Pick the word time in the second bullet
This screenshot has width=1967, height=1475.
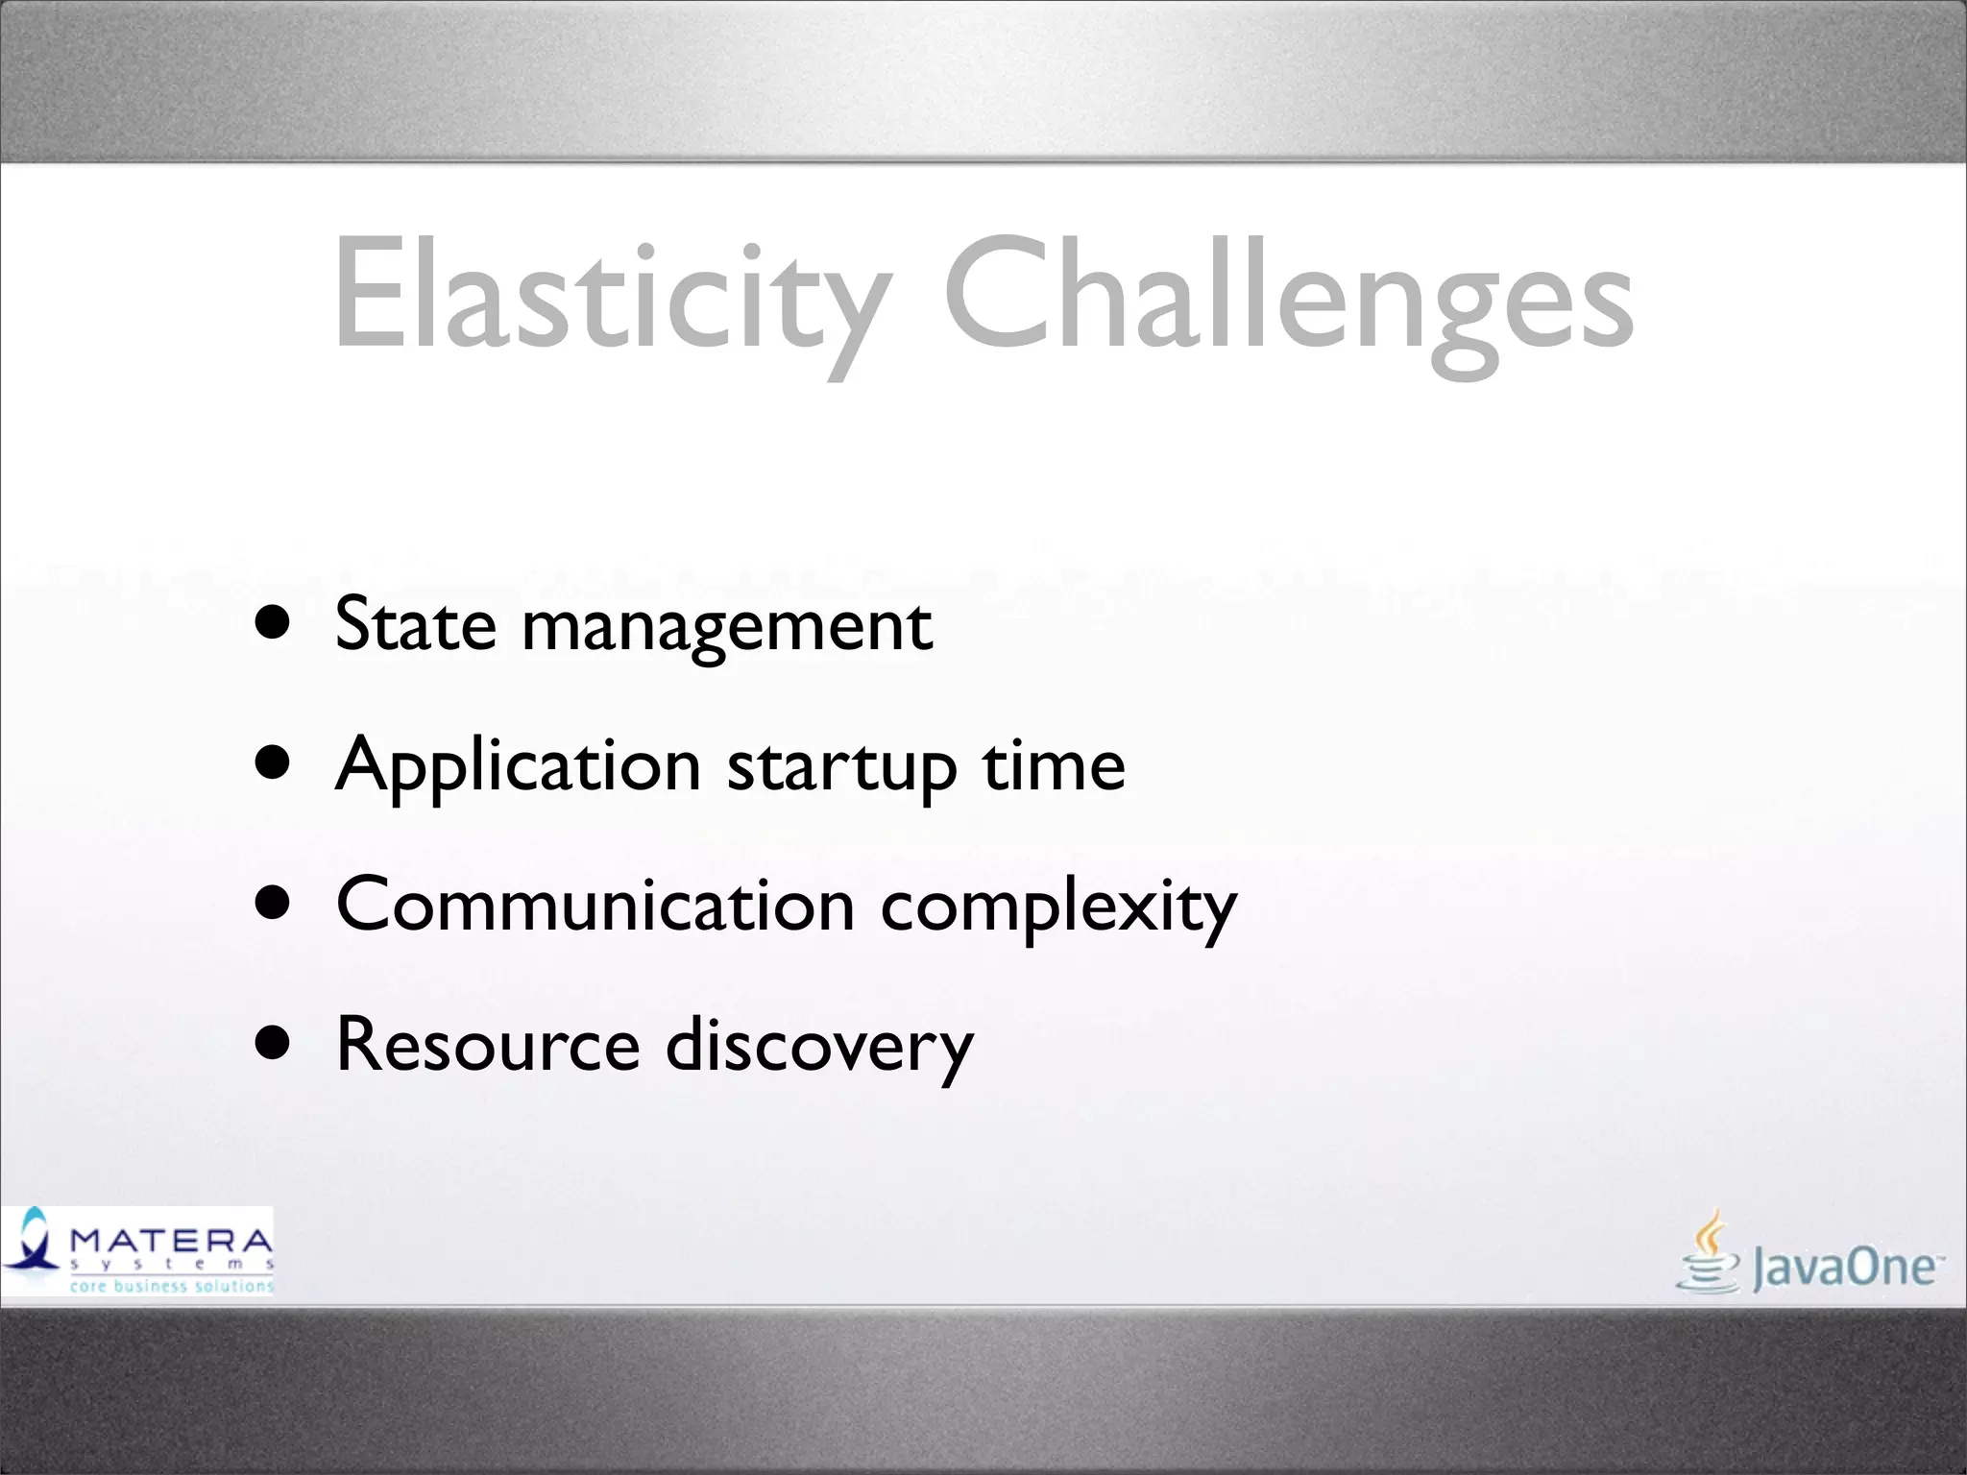click(x=1053, y=766)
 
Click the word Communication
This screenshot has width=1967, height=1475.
click(x=595, y=905)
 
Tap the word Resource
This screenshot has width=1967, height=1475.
click(x=488, y=1045)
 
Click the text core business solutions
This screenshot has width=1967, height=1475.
click(x=172, y=1286)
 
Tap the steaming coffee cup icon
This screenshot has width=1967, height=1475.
click(x=1708, y=1253)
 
